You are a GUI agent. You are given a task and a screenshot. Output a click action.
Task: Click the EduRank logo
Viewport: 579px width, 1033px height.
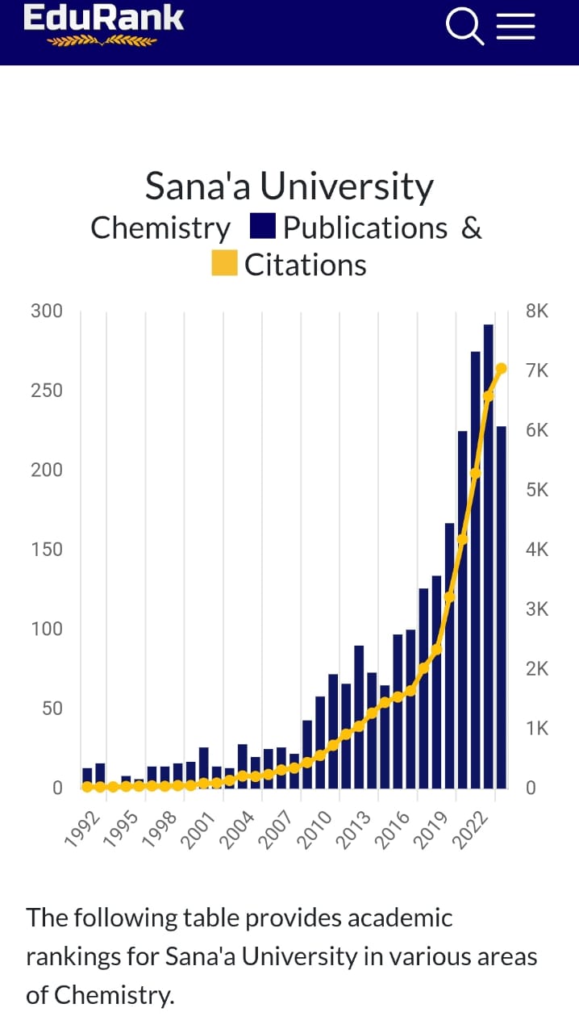(103, 24)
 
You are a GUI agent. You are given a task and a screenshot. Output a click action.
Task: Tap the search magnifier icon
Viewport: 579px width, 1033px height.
(464, 26)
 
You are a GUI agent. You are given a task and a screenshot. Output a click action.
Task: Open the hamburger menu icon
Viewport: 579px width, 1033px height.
(515, 26)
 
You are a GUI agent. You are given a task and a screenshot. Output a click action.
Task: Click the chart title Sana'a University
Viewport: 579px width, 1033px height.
(289, 186)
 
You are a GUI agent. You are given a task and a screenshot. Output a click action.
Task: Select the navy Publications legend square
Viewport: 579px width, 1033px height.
(264, 227)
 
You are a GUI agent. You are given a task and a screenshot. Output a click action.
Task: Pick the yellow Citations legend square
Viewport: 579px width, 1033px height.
(224, 264)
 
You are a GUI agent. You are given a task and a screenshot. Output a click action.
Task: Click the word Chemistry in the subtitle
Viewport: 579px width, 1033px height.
(160, 228)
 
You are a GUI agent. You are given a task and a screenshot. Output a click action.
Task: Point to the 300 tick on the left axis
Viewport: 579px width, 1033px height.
(46, 312)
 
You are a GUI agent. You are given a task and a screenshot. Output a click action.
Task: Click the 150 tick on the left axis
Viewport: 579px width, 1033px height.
(46, 550)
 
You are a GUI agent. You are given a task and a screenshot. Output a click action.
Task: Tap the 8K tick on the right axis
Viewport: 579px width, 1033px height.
(536, 312)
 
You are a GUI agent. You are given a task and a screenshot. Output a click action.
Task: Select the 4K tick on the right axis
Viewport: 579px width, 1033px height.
(536, 550)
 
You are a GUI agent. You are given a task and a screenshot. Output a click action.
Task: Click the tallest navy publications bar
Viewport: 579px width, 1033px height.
(488, 557)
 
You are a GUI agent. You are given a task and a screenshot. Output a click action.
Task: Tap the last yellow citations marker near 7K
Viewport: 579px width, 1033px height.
(501, 369)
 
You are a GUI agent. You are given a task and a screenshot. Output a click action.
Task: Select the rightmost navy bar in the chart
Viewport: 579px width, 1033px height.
(501, 605)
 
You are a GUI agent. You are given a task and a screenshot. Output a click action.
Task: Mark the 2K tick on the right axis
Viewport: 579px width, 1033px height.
(536, 669)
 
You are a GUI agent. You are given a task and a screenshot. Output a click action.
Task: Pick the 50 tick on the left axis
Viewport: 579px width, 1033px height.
(50, 709)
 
